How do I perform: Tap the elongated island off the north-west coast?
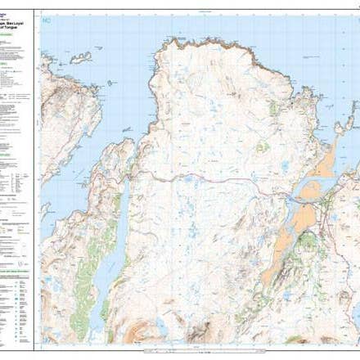click(x=79, y=57)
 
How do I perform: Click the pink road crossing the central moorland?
click(x=213, y=181)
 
